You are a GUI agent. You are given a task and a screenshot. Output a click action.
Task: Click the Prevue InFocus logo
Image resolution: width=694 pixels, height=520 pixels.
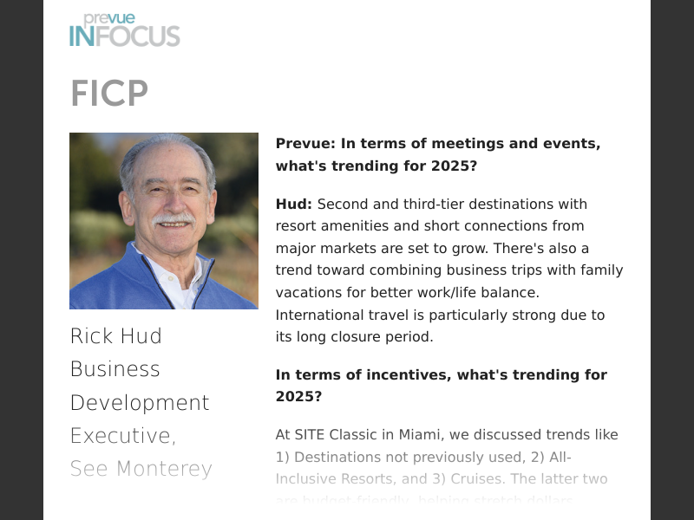pos(124,30)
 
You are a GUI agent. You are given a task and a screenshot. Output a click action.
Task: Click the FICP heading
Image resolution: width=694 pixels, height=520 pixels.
pos(109,94)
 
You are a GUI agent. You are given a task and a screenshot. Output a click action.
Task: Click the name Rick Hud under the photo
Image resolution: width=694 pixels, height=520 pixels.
pos(116,336)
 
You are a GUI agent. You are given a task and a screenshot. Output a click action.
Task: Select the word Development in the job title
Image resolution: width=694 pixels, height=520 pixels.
pos(140,403)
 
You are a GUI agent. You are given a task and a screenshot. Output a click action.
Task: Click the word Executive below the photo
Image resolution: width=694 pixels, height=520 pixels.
pos(121,436)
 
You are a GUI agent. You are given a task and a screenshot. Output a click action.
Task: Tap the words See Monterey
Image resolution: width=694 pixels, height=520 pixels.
pos(141,469)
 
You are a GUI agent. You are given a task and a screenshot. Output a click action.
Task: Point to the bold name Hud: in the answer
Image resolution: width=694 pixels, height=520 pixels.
pos(294,205)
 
